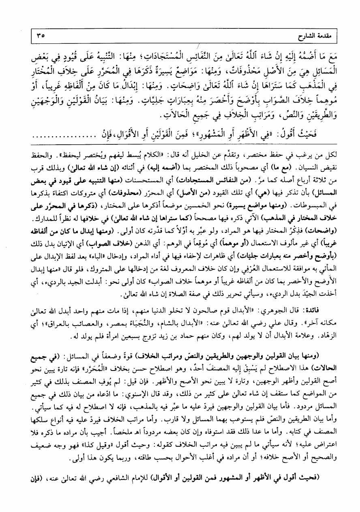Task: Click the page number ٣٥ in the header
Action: [x=40, y=35]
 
